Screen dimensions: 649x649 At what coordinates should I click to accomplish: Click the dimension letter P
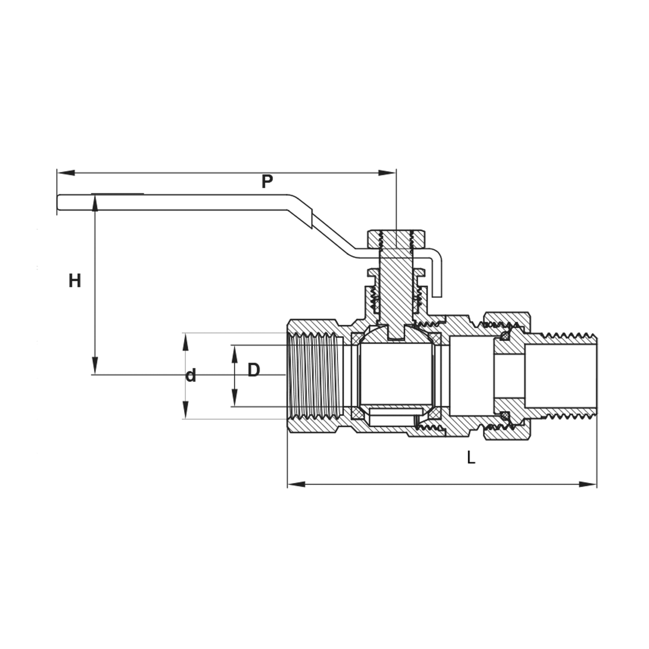(x=267, y=182)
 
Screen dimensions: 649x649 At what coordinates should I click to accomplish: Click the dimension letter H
(x=75, y=281)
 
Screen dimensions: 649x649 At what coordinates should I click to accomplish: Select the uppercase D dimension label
(x=254, y=370)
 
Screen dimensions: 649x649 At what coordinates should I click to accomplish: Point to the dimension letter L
(x=471, y=457)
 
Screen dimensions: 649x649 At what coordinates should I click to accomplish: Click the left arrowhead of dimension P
(x=66, y=173)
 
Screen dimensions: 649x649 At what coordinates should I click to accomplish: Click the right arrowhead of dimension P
(x=387, y=173)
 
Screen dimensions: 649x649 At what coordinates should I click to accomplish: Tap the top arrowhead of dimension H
(x=95, y=203)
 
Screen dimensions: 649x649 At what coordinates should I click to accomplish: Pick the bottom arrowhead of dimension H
(x=95, y=365)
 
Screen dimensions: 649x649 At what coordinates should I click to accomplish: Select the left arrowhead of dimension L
(x=297, y=484)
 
